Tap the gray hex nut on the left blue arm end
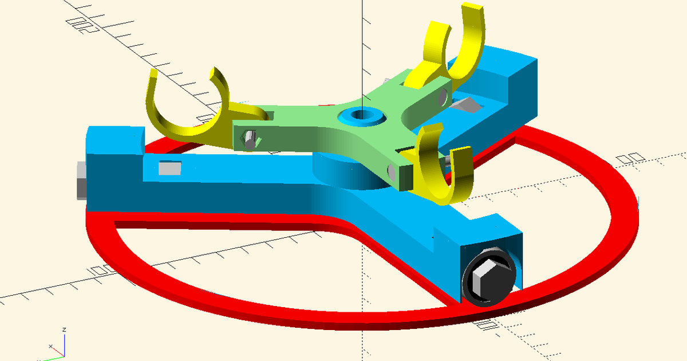80,180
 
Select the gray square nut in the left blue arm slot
169,168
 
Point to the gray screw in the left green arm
249,139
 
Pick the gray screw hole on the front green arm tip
390,170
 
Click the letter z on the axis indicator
65,330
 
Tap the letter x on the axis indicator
50,347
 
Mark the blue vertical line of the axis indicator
64,344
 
